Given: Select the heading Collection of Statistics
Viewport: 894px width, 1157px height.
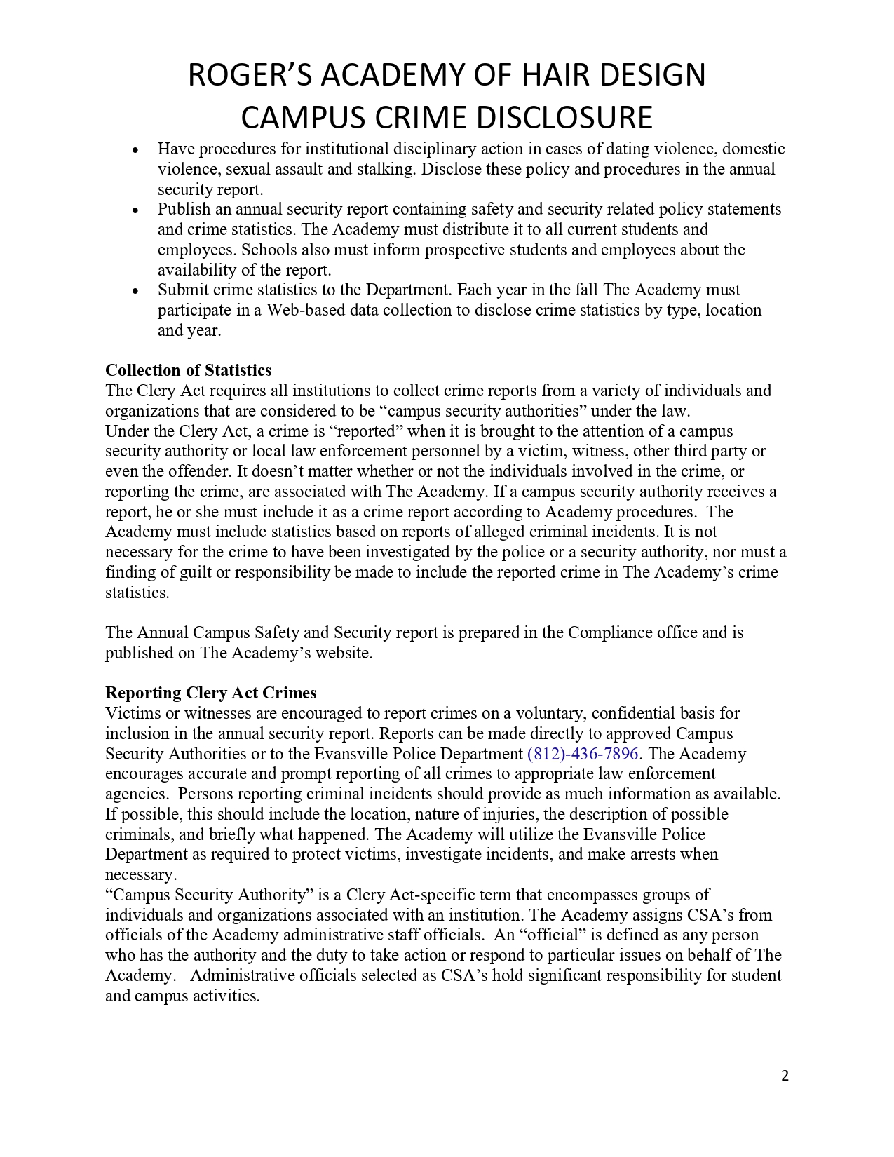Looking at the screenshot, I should coord(188,370).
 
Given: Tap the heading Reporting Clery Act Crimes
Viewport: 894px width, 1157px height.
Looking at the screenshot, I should coord(210,693).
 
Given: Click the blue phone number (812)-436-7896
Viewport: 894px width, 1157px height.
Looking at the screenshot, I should coord(583,754).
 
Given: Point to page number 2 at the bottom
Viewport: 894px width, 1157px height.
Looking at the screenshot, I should coord(785,1076).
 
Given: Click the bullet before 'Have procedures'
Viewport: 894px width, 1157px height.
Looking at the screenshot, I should coord(135,149).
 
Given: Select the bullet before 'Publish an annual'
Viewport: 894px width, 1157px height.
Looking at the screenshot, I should coord(135,210).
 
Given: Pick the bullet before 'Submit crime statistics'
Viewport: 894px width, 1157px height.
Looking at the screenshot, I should coord(135,290).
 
